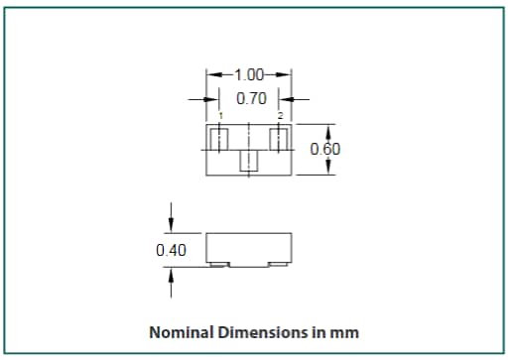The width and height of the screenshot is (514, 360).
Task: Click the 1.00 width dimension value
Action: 248,75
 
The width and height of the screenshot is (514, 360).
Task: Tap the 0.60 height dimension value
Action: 325,150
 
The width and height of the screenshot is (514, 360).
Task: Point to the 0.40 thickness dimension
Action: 172,250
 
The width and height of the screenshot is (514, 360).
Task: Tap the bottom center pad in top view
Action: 250,161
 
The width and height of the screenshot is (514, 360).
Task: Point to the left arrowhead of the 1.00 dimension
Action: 211,75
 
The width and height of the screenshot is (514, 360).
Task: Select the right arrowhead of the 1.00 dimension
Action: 287,75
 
